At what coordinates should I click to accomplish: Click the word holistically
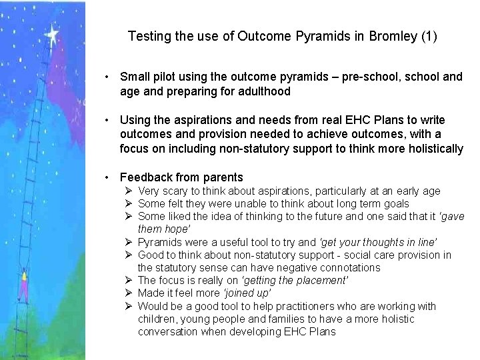tap(428, 148)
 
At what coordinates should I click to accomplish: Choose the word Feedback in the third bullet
tap(145, 177)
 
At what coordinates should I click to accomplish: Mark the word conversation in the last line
tap(169, 331)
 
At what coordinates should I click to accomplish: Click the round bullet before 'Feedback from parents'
tap(107, 178)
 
